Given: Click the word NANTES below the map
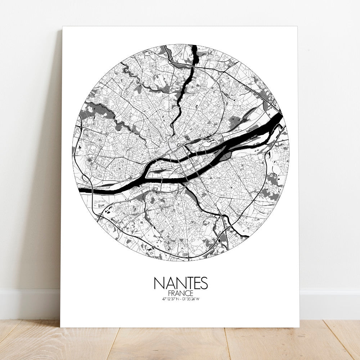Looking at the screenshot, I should pyautogui.click(x=181, y=283).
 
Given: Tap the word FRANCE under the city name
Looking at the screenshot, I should pyautogui.click(x=181, y=293).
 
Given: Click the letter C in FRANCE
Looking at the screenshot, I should pyautogui.click(x=187, y=293).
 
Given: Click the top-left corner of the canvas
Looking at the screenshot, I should pyautogui.click(x=63, y=27).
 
